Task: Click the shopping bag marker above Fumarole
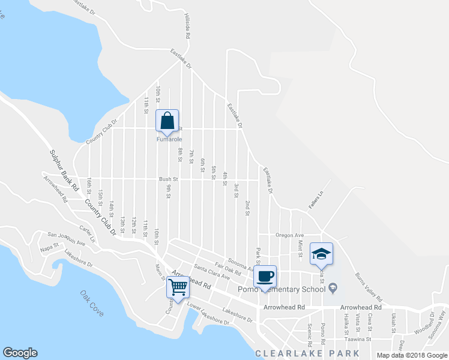coord(167,121)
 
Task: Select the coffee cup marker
coord(265,277)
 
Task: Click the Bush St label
coord(169,179)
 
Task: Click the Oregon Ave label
coord(290,235)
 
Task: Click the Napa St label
coord(49,245)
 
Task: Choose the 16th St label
coord(88,184)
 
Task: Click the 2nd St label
coord(247,208)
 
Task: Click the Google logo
coord(20,353)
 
